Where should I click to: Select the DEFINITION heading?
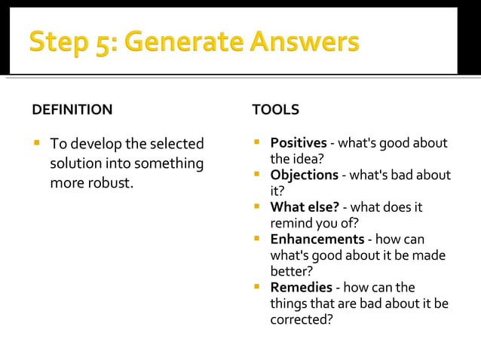tap(72, 110)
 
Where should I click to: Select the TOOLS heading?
tap(275, 110)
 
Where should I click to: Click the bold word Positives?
tap(299, 143)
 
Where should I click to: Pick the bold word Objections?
tap(304, 175)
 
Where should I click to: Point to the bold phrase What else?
tap(305, 206)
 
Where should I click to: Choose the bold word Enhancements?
tap(317, 239)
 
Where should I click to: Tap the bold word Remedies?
tap(301, 287)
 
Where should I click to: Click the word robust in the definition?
tap(111, 183)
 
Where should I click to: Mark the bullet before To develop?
tap(35, 143)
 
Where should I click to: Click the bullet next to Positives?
tap(257, 142)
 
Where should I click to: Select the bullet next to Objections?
tap(257, 175)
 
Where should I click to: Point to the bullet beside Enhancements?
tap(257, 239)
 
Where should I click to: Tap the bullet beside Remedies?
tap(257, 287)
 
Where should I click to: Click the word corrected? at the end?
tap(302, 319)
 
